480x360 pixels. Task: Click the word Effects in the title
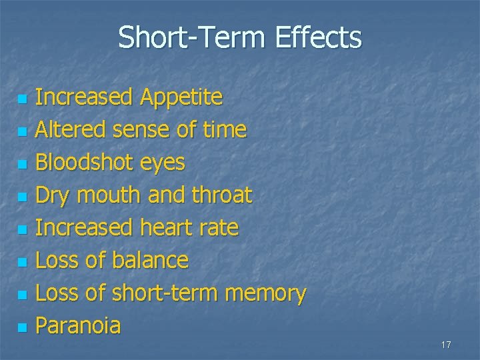316,38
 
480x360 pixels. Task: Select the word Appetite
181,98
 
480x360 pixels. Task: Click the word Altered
69,129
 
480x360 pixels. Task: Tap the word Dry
53,195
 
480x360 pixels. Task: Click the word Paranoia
78,325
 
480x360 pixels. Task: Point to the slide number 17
446,345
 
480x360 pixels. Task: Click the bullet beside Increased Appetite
23,99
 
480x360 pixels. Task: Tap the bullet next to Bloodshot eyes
23,165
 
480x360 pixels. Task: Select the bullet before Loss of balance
23,263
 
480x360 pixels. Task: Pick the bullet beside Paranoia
23,328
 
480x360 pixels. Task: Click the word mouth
107,195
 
